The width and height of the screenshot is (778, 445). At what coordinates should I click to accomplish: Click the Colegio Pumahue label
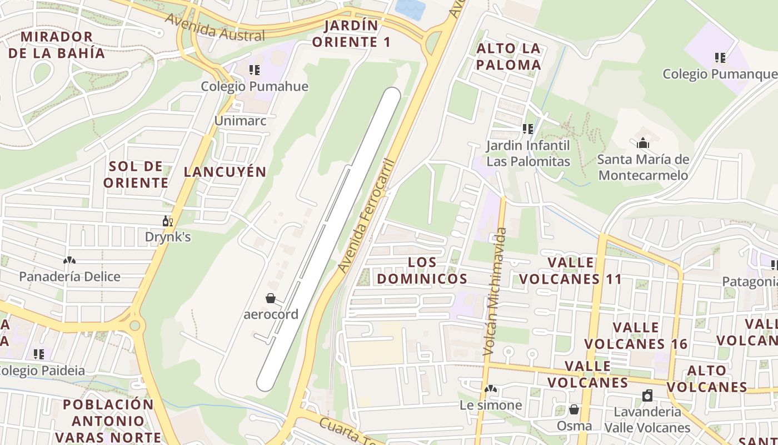coord(254,86)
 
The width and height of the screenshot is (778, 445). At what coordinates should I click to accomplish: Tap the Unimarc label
coord(241,121)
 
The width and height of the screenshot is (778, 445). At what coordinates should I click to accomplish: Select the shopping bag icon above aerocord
coord(271,298)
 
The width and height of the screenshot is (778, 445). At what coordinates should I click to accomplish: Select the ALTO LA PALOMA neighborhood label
coord(508,57)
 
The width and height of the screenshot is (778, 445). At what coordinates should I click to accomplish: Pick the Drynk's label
coord(168,237)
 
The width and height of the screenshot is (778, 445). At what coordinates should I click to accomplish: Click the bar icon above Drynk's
coord(168,221)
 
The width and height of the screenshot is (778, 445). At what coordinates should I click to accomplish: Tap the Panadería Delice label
coord(69,276)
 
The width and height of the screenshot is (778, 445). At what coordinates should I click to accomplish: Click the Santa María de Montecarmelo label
coord(643,167)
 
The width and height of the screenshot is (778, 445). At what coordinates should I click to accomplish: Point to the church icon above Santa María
coord(643,144)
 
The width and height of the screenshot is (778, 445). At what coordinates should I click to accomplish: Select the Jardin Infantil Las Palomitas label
coord(528,154)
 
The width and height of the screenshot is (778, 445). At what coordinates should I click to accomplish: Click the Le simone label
coord(491,405)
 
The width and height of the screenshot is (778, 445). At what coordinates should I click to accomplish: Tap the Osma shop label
coord(574,426)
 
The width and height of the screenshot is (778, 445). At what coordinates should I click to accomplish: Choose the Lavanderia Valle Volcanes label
coord(647,419)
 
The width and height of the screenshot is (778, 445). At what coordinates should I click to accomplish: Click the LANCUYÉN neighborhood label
coord(225,172)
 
